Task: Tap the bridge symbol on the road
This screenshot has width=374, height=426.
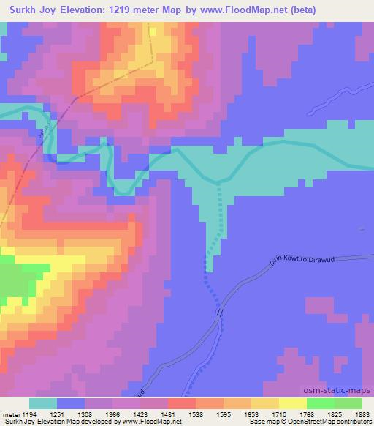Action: [218, 313]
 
